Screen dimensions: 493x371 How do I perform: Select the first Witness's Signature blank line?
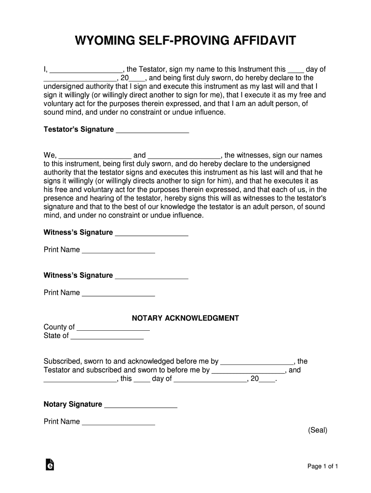(x=152, y=234)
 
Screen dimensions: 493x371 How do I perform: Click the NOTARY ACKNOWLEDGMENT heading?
(x=185, y=318)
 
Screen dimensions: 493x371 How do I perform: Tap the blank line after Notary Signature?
(x=141, y=405)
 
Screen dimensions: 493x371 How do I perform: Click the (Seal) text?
(x=318, y=430)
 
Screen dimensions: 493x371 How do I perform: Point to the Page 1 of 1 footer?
(x=323, y=466)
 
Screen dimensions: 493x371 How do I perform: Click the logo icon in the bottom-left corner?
(x=49, y=464)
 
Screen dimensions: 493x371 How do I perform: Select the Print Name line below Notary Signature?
(x=119, y=423)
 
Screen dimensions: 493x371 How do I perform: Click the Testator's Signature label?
(x=79, y=130)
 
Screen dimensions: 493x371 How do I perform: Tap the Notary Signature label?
(x=73, y=404)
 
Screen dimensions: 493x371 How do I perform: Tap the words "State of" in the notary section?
(x=56, y=336)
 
